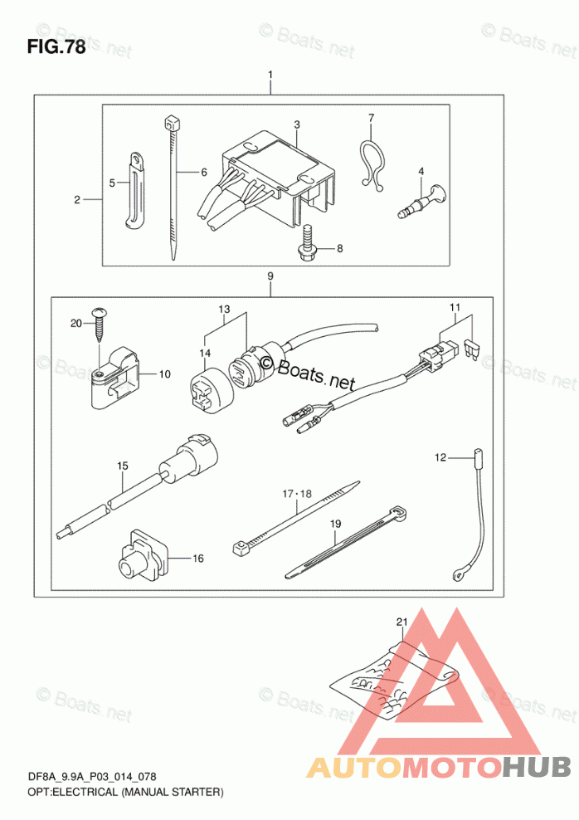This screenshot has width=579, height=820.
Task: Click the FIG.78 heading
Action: click(x=56, y=47)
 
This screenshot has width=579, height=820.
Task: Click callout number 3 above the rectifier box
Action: click(x=297, y=124)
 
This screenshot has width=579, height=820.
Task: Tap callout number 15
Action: click(x=122, y=466)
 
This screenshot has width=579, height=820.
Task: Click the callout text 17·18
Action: click(x=297, y=493)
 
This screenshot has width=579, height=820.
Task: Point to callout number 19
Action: click(x=335, y=523)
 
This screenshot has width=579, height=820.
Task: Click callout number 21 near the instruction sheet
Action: click(x=401, y=622)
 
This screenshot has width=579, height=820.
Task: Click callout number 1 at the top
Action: click(x=270, y=75)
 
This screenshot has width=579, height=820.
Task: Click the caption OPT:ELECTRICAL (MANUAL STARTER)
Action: click(x=125, y=792)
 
